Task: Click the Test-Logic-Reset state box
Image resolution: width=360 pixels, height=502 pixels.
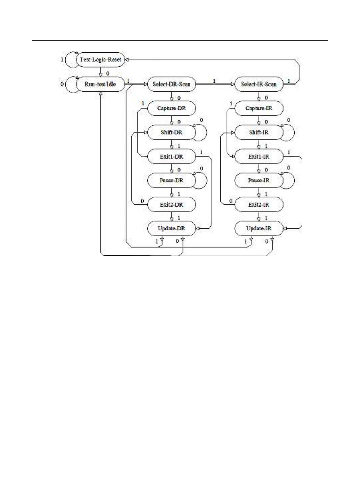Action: coord(101,60)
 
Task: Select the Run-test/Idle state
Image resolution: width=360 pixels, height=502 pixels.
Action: coord(101,84)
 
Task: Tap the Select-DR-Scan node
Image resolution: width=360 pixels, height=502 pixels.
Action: coord(171,84)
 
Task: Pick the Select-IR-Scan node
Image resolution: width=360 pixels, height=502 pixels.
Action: coord(259,84)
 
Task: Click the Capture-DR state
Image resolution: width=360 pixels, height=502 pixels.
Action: coord(171,108)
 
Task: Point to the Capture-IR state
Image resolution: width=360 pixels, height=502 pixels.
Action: coord(259,108)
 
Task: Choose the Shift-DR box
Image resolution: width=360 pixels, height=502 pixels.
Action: coord(171,133)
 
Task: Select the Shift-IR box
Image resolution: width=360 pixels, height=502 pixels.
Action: coord(259,133)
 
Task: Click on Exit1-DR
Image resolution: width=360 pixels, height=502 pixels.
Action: coord(171,156)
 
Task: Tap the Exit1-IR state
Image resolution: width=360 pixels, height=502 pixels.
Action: coord(259,156)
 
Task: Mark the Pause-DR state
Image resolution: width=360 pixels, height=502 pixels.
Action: coord(171,180)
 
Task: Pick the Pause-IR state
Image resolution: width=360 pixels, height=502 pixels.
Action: coord(259,180)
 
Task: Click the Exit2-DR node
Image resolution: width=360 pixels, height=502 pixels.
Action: coord(171,205)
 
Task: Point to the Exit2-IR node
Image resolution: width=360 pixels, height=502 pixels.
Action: coord(259,205)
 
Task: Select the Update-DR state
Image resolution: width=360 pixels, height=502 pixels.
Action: coord(171,228)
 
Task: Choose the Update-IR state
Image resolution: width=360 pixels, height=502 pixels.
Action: coord(259,228)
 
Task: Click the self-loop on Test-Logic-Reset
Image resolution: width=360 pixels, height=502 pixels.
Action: coord(65,60)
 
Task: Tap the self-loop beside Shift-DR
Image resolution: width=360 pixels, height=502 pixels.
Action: coord(206,133)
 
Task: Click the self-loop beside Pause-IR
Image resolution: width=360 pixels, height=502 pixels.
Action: coord(294,180)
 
